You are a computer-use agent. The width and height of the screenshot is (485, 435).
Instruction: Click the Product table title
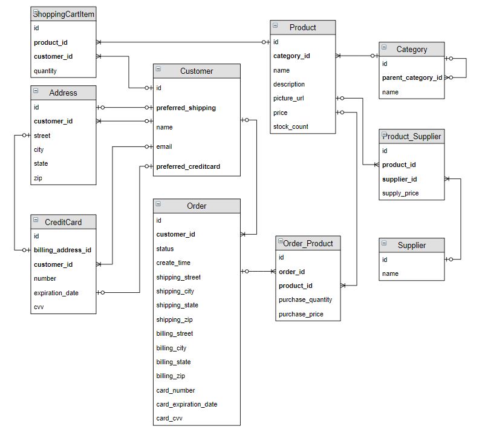pyautogui.click(x=302, y=27)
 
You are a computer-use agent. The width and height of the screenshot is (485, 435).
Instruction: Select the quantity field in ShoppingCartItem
pyautogui.click(x=45, y=71)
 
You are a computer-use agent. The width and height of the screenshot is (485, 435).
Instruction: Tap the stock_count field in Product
pyautogui.click(x=290, y=126)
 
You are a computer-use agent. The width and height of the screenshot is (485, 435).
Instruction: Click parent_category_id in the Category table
pyautogui.click(x=412, y=77)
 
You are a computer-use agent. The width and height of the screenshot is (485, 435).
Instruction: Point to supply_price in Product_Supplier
pyautogui.click(x=400, y=194)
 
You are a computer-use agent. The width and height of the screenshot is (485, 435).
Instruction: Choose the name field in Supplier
pyautogui.click(x=390, y=273)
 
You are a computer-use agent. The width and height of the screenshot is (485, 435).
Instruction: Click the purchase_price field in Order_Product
pyautogui.click(x=301, y=314)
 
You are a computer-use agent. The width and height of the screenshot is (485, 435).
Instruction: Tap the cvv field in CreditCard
pyautogui.click(x=39, y=307)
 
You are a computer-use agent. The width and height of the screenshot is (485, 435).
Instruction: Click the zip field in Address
pyautogui.click(x=38, y=178)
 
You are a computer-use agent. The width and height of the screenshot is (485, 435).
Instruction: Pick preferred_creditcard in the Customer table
pyautogui.click(x=188, y=166)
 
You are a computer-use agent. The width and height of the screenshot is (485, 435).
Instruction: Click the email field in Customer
pyautogui.click(x=164, y=146)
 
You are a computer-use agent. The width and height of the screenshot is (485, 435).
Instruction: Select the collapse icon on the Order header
pyautogui.click(x=158, y=204)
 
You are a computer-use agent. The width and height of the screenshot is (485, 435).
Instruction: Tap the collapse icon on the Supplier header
pyautogui.click(x=384, y=244)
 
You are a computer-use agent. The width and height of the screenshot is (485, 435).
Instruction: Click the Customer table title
pyautogui.click(x=197, y=71)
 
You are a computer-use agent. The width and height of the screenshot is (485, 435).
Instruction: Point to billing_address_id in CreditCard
pyautogui.click(x=62, y=250)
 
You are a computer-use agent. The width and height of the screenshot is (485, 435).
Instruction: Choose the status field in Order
pyautogui.click(x=164, y=249)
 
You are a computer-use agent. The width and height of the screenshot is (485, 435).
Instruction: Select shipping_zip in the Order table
pyautogui.click(x=174, y=319)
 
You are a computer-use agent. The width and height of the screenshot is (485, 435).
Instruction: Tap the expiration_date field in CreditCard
pyautogui.click(x=56, y=293)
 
